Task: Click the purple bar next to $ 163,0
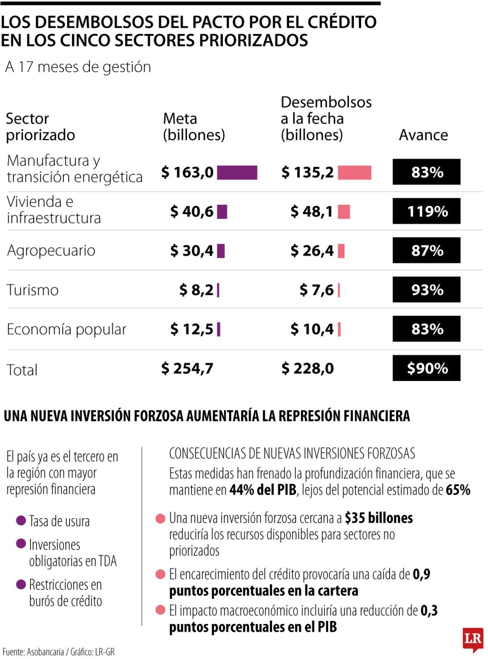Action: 237,173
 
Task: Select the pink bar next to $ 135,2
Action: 354,173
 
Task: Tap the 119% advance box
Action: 426,211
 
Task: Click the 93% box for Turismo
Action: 426,290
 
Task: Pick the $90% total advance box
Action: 426,368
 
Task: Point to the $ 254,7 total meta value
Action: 187,368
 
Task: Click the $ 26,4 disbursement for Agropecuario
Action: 312,250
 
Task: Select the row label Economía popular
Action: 67,329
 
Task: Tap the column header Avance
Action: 423,135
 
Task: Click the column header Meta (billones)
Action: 194,127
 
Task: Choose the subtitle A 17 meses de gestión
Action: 78,67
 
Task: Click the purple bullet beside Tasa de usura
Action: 21,521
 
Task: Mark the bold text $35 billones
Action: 378,518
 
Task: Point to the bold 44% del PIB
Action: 263,490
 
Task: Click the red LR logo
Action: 472,639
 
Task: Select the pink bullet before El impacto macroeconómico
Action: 160,610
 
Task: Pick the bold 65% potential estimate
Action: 458,490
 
